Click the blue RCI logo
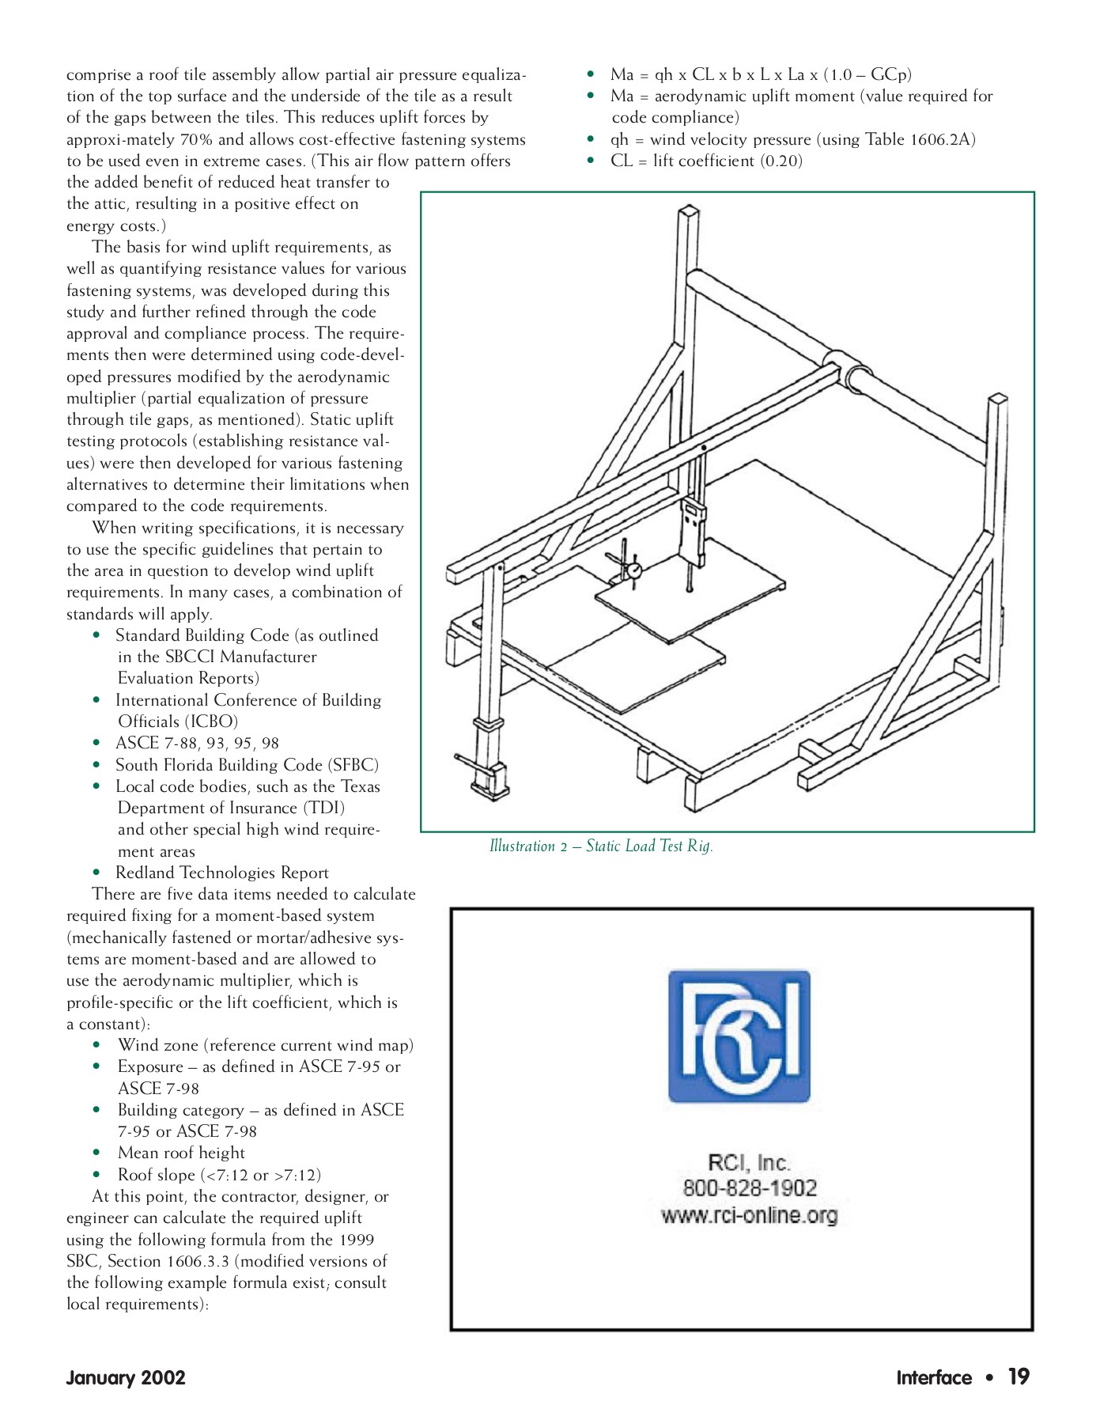[739, 1036]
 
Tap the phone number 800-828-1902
[750, 1188]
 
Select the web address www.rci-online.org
[750, 1215]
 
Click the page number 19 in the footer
[1019, 1377]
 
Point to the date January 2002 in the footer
[126, 1378]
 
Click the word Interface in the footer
[934, 1378]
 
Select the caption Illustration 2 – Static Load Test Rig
[601, 846]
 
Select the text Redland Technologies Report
[222, 873]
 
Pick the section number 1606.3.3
[198, 1261]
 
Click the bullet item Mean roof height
[181, 1153]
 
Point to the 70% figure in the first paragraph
[197, 139]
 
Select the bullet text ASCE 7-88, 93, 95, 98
[197, 743]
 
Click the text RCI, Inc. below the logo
[749, 1162]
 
